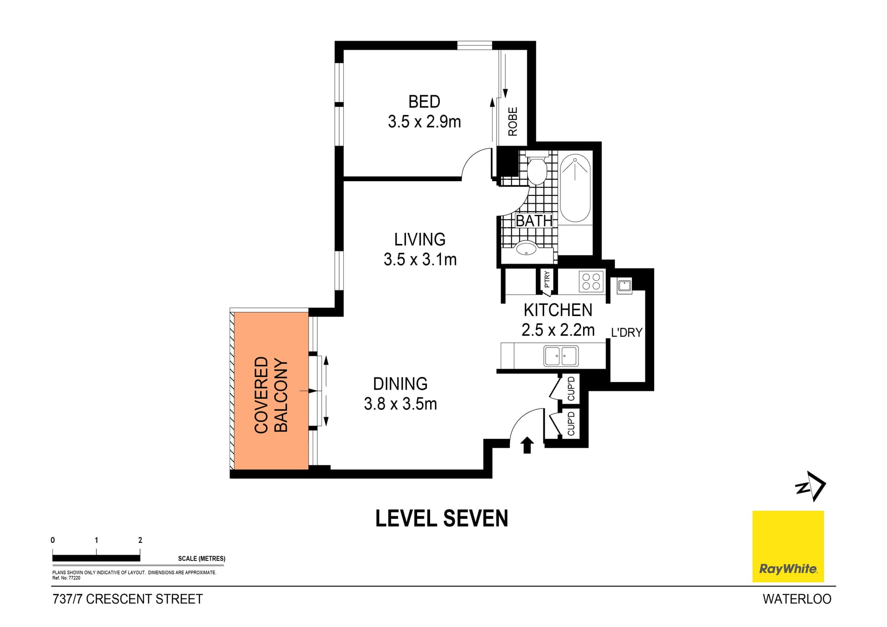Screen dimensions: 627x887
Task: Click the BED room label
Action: [424, 102]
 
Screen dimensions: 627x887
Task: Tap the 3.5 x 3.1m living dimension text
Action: [420, 260]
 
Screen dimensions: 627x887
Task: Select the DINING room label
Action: [400, 384]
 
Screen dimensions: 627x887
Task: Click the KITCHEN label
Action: [558, 310]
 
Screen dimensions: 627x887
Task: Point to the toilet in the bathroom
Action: [537, 170]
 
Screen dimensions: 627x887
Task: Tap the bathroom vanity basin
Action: [526, 249]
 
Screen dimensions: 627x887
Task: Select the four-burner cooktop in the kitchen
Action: [591, 281]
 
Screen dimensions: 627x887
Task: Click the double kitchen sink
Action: [560, 356]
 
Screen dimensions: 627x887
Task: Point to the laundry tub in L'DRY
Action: [624, 286]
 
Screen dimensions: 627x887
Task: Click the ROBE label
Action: [513, 122]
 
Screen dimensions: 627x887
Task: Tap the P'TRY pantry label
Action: [547, 280]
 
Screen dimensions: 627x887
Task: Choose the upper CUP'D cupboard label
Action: [571, 389]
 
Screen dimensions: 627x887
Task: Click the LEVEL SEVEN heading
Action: [441, 518]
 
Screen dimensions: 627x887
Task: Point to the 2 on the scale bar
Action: [140, 540]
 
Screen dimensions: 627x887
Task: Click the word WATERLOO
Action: [796, 599]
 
